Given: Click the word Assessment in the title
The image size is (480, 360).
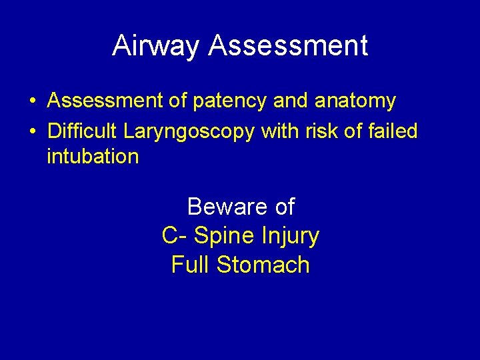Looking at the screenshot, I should (x=288, y=45).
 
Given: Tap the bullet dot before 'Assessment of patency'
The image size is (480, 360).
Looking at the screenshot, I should (x=32, y=101).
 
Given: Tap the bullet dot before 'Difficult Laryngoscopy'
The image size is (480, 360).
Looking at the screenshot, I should (x=32, y=131).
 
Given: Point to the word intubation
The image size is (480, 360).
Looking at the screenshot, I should (x=93, y=157).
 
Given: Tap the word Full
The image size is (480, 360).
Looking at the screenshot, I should (x=191, y=265).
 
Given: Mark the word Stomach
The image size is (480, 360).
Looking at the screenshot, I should (x=263, y=265).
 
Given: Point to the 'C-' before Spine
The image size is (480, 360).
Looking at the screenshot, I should (x=174, y=236).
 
